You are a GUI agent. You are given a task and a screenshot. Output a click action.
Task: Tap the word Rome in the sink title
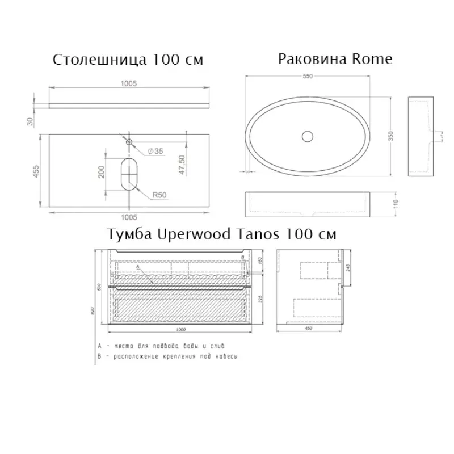tap(372, 59)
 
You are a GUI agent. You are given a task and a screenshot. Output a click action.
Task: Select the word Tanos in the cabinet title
tap(270, 234)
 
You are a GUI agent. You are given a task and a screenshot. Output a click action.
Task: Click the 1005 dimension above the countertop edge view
tap(129, 83)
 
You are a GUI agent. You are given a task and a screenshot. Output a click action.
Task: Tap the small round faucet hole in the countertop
tap(129, 141)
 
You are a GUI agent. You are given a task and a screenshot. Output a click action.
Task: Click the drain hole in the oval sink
tap(307, 136)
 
